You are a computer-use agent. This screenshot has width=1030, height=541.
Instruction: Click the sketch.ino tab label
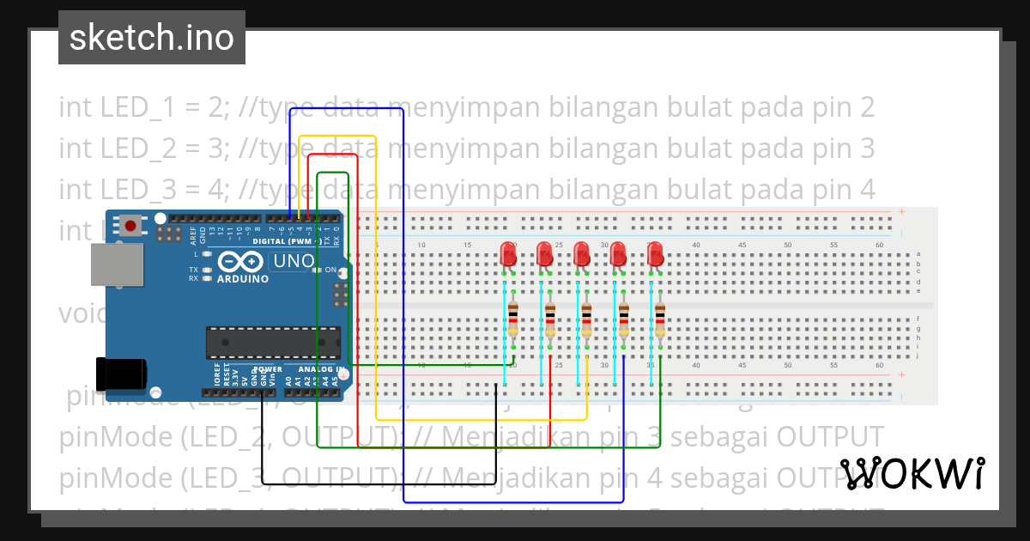(x=152, y=38)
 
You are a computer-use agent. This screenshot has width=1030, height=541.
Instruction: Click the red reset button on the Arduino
(x=130, y=226)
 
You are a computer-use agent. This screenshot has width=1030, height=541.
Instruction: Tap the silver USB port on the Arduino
(x=118, y=264)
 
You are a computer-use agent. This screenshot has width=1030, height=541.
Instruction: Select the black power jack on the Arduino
(x=120, y=373)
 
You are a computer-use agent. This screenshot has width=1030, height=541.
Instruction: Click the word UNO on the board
(x=293, y=261)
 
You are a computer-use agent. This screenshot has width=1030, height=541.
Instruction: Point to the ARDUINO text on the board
(x=242, y=279)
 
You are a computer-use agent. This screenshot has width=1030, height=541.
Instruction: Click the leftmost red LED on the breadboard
(x=508, y=254)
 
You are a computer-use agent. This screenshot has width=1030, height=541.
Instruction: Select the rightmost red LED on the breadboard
(x=656, y=254)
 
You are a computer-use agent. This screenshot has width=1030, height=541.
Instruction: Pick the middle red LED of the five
(x=582, y=254)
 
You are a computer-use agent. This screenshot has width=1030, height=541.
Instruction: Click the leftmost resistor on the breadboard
(x=513, y=319)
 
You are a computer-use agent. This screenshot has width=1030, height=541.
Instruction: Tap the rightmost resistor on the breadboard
(x=660, y=319)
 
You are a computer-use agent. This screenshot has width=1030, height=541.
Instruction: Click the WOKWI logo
(x=912, y=473)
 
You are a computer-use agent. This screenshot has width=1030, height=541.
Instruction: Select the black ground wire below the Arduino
(x=378, y=484)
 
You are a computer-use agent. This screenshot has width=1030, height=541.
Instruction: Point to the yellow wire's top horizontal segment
(x=338, y=136)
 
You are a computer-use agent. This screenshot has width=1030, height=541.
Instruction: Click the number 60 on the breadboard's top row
(x=879, y=246)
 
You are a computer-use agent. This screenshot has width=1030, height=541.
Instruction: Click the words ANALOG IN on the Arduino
(x=321, y=369)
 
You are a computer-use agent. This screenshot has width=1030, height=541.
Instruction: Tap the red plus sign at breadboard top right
(x=901, y=212)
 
